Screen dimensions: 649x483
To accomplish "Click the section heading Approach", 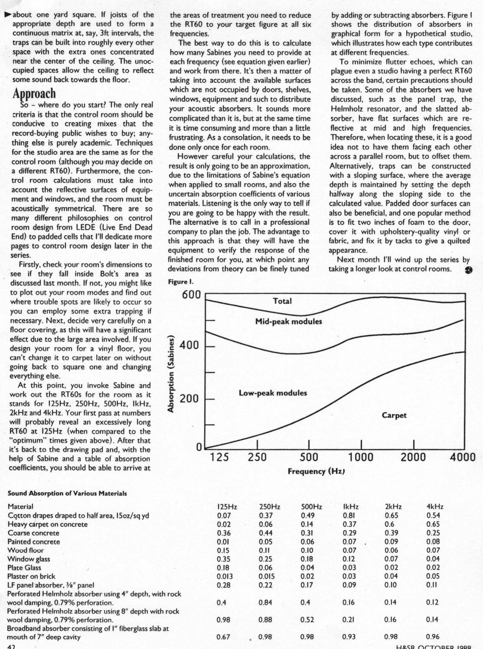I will (x=34, y=94).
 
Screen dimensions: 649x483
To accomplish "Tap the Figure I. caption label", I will (x=181, y=282).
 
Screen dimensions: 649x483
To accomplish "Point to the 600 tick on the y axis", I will (x=191, y=295).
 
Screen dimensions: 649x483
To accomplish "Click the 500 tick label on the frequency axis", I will (x=309, y=458).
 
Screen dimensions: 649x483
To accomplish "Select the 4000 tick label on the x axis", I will (x=463, y=458).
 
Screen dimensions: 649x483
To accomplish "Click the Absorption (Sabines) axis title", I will (x=171, y=374).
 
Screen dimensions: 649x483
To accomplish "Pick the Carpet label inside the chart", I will (x=394, y=415).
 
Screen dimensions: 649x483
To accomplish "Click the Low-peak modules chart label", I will (x=273, y=393).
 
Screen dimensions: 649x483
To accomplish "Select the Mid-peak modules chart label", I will (x=288, y=321).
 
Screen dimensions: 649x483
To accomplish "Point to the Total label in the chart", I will (x=282, y=301).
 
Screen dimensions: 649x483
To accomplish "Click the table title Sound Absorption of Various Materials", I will (x=67, y=493).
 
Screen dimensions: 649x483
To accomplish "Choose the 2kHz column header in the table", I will (x=393, y=506).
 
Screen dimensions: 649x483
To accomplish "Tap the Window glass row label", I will (x=29, y=559).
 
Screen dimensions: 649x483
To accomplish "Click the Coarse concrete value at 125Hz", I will (x=224, y=533).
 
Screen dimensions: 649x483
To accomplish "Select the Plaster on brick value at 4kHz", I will (x=433, y=577).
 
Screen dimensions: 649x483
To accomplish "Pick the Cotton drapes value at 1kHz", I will (x=349, y=516).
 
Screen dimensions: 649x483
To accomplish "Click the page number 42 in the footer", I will (x=11, y=646).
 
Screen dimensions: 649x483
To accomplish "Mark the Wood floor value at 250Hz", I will (x=265, y=551).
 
